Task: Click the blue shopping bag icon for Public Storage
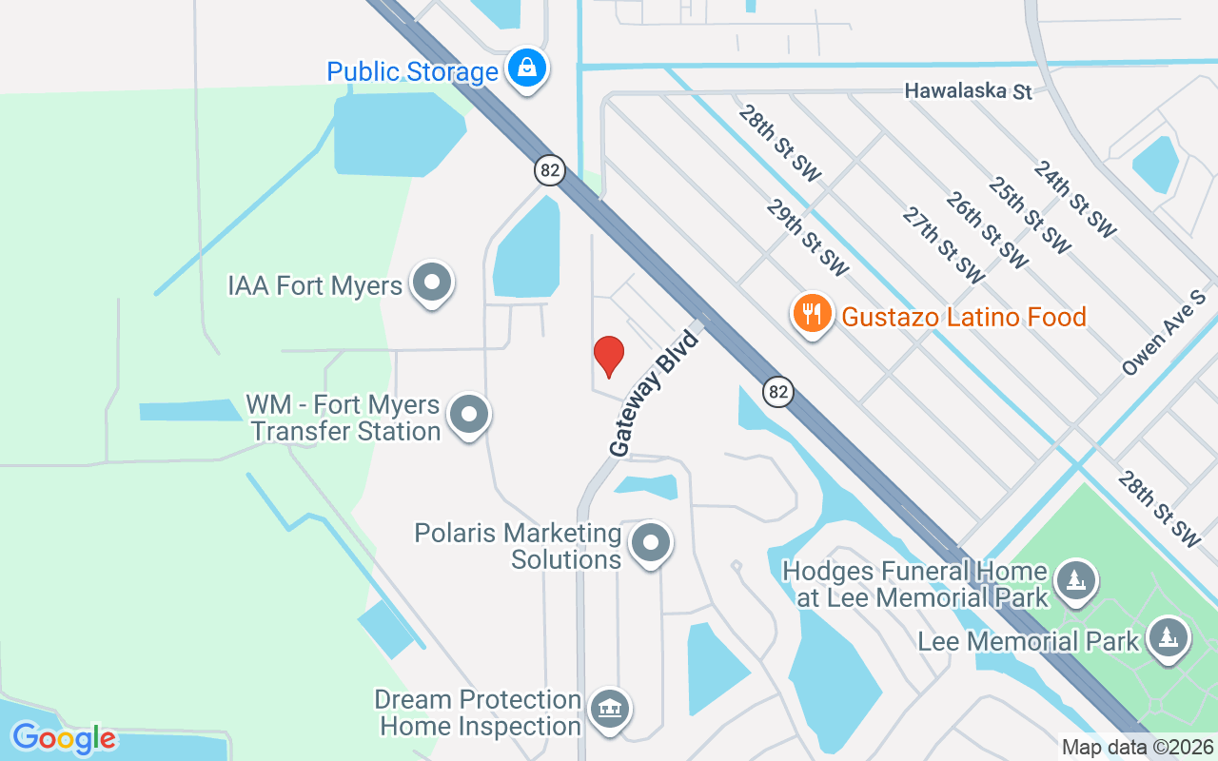[x=525, y=68]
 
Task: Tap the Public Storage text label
[x=412, y=71]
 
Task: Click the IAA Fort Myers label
[x=315, y=285]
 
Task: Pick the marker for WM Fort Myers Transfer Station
[x=468, y=415]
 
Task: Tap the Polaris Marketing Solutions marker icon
[x=652, y=544]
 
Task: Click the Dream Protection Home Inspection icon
[x=610, y=710]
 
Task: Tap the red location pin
[x=608, y=356]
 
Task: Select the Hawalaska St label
[x=969, y=91]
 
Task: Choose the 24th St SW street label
[x=1074, y=199]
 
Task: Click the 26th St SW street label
[x=987, y=228]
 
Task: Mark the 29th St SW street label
[x=807, y=238]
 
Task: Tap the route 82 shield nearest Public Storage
[x=549, y=170]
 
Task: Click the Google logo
[x=64, y=738]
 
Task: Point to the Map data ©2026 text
[x=1137, y=748]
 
